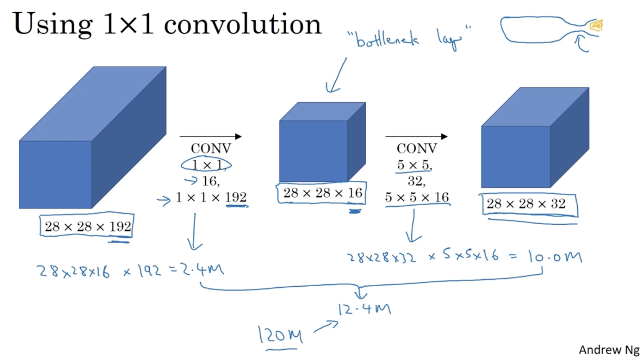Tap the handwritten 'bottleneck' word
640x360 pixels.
387,39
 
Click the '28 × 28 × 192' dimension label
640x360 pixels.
88,227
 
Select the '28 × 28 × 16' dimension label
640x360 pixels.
322,193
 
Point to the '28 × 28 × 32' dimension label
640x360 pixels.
526,204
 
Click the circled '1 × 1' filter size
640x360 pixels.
206,165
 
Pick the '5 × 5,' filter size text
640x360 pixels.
414,165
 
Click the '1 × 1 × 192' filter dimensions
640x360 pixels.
211,197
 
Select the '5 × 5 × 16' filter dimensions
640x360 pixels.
417,197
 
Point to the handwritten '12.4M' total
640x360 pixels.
364,308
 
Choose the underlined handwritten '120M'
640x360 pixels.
280,335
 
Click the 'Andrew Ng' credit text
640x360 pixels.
609,350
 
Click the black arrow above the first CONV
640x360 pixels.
210,136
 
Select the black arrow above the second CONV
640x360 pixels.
416,136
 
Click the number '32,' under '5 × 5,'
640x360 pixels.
416,181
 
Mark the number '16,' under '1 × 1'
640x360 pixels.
211,181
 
